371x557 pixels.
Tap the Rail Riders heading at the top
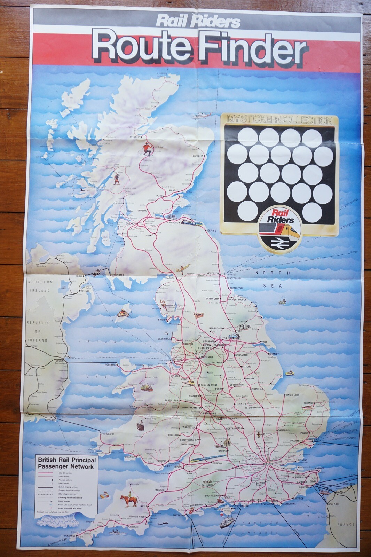(x=198, y=21)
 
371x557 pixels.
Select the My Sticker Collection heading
(x=279, y=120)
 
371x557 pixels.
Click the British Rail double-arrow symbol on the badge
(x=278, y=243)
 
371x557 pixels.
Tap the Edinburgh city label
(x=173, y=222)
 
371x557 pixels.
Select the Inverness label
(x=134, y=137)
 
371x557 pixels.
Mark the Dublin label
(x=60, y=361)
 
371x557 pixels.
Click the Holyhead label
(x=110, y=364)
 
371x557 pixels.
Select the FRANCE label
(x=346, y=524)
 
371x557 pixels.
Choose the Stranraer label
(x=118, y=275)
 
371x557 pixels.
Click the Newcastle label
(x=213, y=273)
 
